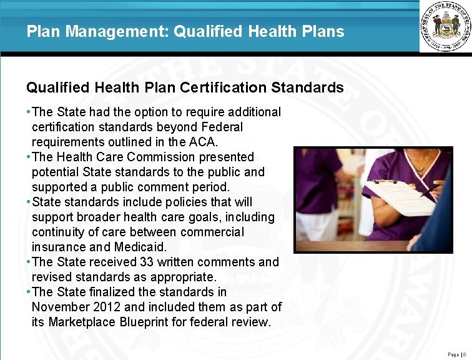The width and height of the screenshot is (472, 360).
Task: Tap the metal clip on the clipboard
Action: pos(385,181)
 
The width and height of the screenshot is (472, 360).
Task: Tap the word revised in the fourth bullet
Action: pos(52,277)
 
